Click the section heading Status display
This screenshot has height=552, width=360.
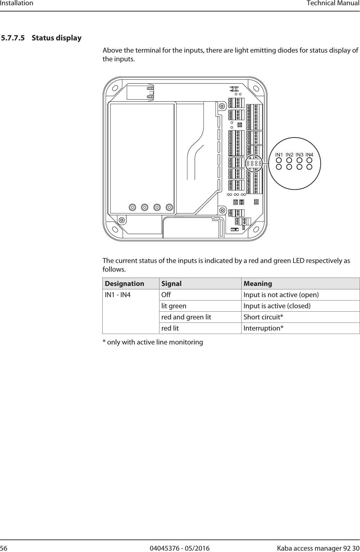[56, 38]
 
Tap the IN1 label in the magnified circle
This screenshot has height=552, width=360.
[279, 154]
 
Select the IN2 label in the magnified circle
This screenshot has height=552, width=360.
[289, 154]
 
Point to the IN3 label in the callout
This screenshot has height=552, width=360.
[299, 154]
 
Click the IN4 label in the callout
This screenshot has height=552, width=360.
[309, 154]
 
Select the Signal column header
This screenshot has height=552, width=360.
[172, 283]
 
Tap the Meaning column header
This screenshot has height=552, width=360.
[258, 283]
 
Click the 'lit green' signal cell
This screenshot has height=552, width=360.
[173, 306]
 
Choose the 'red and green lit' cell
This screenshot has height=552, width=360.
[186, 317]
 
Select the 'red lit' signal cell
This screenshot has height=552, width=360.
[170, 328]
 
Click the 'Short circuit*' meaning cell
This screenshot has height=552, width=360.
[263, 317]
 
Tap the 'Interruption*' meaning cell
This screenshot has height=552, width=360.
[263, 328]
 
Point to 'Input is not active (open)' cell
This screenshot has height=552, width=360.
[281, 295]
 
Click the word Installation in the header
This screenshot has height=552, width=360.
[17, 3]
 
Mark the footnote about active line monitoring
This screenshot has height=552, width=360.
[152, 342]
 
